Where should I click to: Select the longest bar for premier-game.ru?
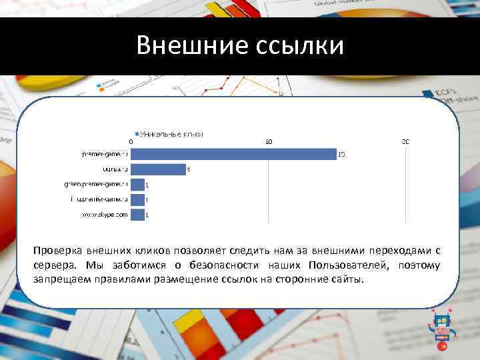[233, 154]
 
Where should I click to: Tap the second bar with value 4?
[158, 169]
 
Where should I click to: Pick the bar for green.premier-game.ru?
[138, 185]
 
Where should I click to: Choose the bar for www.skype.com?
[138, 215]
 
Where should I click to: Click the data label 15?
[341, 155]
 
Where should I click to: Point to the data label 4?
[189, 170]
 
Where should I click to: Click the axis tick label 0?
[131, 141]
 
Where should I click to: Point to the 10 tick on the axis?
[269, 141]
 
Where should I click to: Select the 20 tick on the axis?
[405, 141]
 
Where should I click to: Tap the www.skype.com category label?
[104, 215]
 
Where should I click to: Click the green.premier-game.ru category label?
[95, 185]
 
